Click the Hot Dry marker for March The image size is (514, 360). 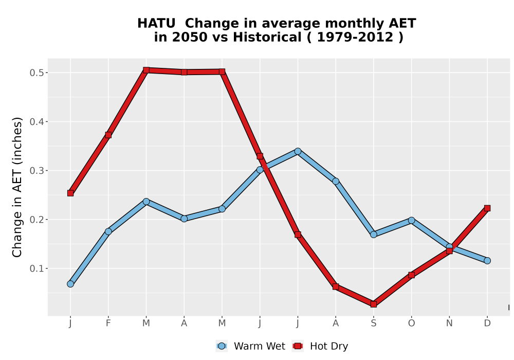point(146,70)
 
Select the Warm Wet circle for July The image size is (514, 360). point(298,151)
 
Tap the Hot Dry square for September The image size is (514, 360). point(373,304)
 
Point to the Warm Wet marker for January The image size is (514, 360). point(70,284)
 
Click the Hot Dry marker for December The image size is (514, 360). point(487,208)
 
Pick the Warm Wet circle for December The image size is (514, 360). point(487,261)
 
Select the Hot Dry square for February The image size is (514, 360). point(108,135)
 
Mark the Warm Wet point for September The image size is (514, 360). point(373,235)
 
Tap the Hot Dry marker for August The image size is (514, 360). point(336,286)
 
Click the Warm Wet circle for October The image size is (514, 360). point(411,220)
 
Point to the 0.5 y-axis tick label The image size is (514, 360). point(36,73)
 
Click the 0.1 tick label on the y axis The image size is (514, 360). point(36,268)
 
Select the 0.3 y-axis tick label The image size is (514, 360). point(36,171)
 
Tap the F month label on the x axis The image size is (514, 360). point(108,323)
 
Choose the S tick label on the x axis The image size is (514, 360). point(373,323)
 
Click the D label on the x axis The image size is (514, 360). point(487,323)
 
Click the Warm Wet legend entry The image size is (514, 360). point(251,346)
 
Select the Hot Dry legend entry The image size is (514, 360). point(320,346)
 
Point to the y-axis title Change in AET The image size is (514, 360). point(17,187)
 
